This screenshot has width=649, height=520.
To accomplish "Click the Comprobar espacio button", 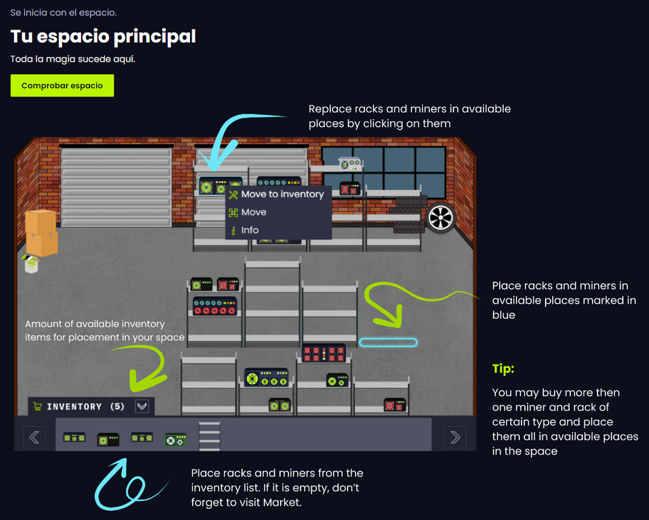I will tap(62, 86).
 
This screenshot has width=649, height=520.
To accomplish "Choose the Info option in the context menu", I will tap(250, 230).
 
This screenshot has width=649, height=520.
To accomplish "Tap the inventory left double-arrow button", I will tap(34, 437).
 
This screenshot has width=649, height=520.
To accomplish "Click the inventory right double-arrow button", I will tap(455, 437).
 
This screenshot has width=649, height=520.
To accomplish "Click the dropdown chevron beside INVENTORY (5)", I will tap(142, 407).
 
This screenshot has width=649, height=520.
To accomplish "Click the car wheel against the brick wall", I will tap(440, 217).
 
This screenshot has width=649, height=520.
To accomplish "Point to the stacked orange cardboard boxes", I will tap(41, 233).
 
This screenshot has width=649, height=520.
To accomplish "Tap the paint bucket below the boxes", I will tap(30, 265).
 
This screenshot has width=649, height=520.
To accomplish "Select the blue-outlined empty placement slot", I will tap(388, 343).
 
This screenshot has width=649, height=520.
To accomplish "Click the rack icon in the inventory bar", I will tap(209, 437).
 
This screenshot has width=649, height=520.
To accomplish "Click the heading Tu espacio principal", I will tap(103, 36).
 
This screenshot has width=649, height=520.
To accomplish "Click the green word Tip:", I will tap(503, 369).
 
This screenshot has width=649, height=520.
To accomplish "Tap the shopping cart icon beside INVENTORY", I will tap(37, 407).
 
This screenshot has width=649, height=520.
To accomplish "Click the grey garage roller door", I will tap(116, 186).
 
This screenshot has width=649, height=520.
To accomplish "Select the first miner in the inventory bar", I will tap(73, 437).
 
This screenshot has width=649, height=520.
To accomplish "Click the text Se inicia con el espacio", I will tap(63, 12).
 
